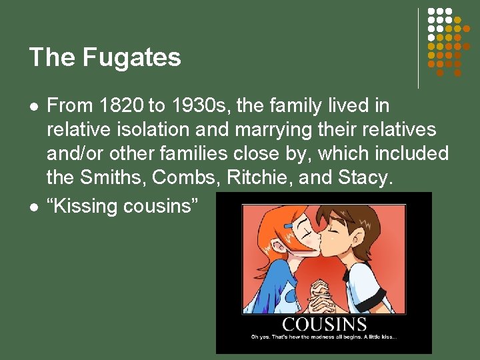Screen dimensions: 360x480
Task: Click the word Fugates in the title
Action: coord(132,58)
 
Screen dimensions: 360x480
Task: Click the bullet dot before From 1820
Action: coord(33,106)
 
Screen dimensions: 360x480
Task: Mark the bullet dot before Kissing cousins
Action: coord(33,207)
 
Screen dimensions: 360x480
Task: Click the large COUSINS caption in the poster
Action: coord(324,325)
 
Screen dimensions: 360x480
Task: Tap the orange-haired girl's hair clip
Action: coord(288,227)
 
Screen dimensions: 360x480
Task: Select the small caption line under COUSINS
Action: coord(324,337)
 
